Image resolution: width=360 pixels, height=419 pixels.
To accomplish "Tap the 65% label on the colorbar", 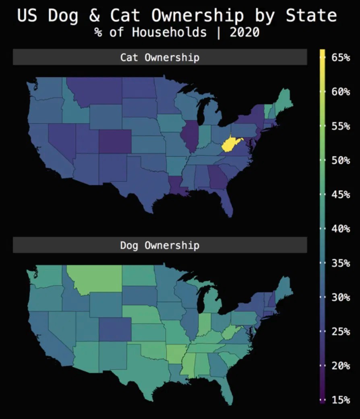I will point(341,58).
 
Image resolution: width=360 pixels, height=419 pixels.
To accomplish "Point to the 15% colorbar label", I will point(341,400).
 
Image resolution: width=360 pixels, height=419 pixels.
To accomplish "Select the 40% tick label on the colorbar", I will point(341,229).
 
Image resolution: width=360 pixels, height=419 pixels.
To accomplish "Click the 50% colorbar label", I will point(341,160).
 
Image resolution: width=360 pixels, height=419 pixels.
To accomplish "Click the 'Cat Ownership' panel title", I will point(159,57).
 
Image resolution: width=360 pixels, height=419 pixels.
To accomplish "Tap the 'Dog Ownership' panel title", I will point(159,245).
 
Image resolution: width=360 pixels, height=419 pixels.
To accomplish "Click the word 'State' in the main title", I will point(311,15).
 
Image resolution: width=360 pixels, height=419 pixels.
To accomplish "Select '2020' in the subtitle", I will point(244,32).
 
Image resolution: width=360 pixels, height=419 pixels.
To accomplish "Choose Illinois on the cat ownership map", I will point(188,135).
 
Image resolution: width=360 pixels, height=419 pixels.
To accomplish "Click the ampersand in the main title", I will point(94,15).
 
